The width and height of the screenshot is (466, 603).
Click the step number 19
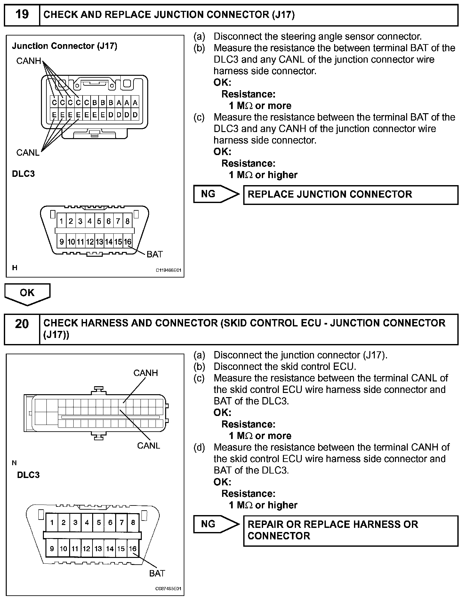(22, 15)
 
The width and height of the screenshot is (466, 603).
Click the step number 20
(22, 324)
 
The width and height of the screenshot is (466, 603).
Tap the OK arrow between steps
(27, 293)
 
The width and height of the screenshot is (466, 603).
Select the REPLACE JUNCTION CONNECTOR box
(350, 194)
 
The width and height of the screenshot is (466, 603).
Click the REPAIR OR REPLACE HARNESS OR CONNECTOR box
(350, 530)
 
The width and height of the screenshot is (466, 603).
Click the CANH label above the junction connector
(28, 61)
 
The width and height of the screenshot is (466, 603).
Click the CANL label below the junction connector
(28, 153)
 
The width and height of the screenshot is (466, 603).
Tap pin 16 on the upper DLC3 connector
(127, 242)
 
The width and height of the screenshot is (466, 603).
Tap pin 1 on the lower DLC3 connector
(52, 522)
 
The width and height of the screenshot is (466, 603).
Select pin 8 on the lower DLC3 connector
(133, 522)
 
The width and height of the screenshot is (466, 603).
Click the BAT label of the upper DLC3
(155, 254)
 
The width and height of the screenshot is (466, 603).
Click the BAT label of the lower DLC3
(157, 573)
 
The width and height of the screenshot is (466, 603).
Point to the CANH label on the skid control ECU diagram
(146, 373)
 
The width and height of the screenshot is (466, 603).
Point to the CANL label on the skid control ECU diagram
(149, 445)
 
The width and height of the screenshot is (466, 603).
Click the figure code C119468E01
(168, 270)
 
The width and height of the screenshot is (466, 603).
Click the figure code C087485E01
(168, 589)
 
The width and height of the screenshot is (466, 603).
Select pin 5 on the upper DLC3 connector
(99, 221)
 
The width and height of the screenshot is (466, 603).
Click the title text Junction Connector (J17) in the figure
(65, 46)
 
